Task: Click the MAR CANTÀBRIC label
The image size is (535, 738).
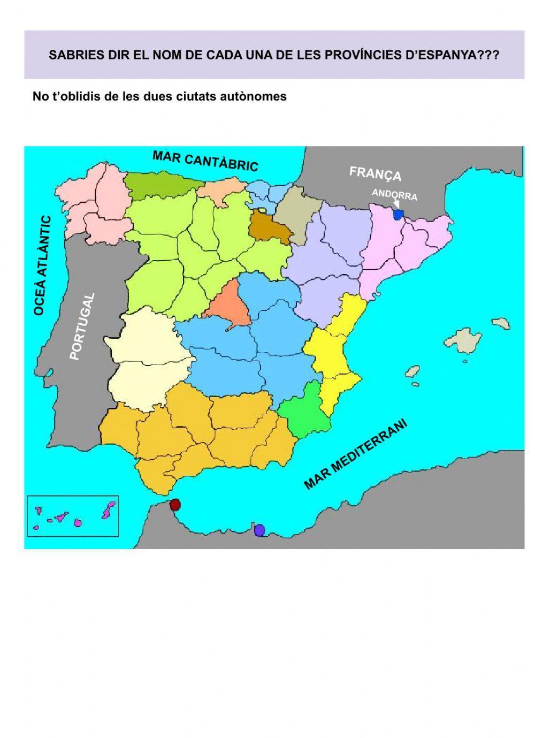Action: (x=205, y=161)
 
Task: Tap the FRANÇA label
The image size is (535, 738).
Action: (x=375, y=173)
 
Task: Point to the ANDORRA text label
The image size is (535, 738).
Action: (x=394, y=195)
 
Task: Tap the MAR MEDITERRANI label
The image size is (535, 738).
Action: (x=356, y=454)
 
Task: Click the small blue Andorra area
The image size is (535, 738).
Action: (x=398, y=215)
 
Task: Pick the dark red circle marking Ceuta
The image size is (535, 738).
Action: (x=175, y=505)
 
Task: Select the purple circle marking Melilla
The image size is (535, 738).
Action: (x=259, y=530)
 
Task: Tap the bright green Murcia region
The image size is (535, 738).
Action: (x=308, y=409)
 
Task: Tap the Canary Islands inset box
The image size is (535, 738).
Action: (x=73, y=516)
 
